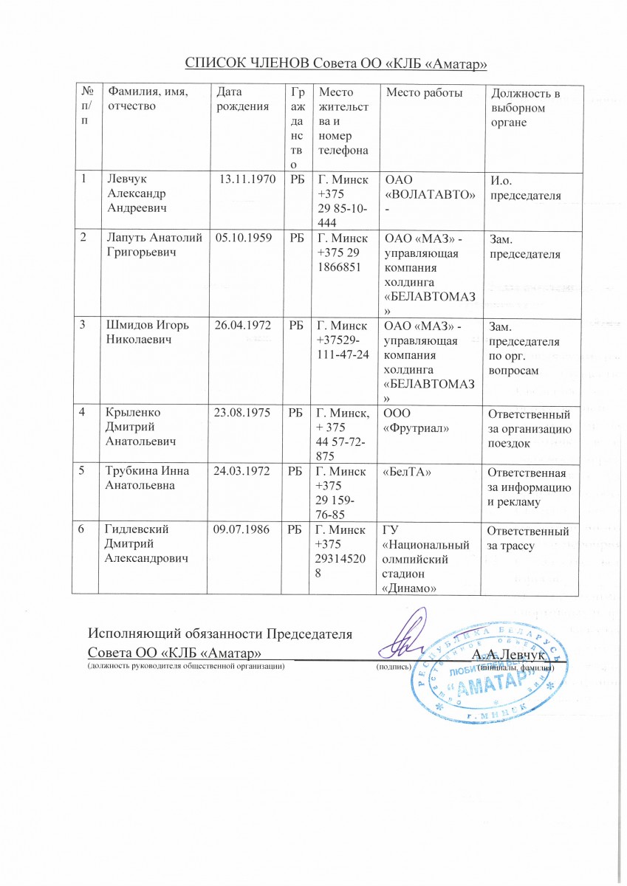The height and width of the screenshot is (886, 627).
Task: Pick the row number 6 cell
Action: click(86, 529)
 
